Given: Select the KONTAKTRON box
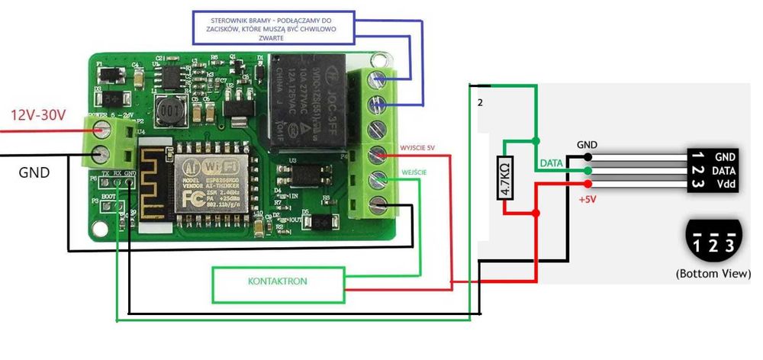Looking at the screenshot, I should click(x=278, y=283).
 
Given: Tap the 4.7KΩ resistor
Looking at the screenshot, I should click(x=504, y=178).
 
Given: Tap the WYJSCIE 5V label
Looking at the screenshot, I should click(x=419, y=146).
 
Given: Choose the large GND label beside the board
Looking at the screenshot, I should click(x=34, y=173).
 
